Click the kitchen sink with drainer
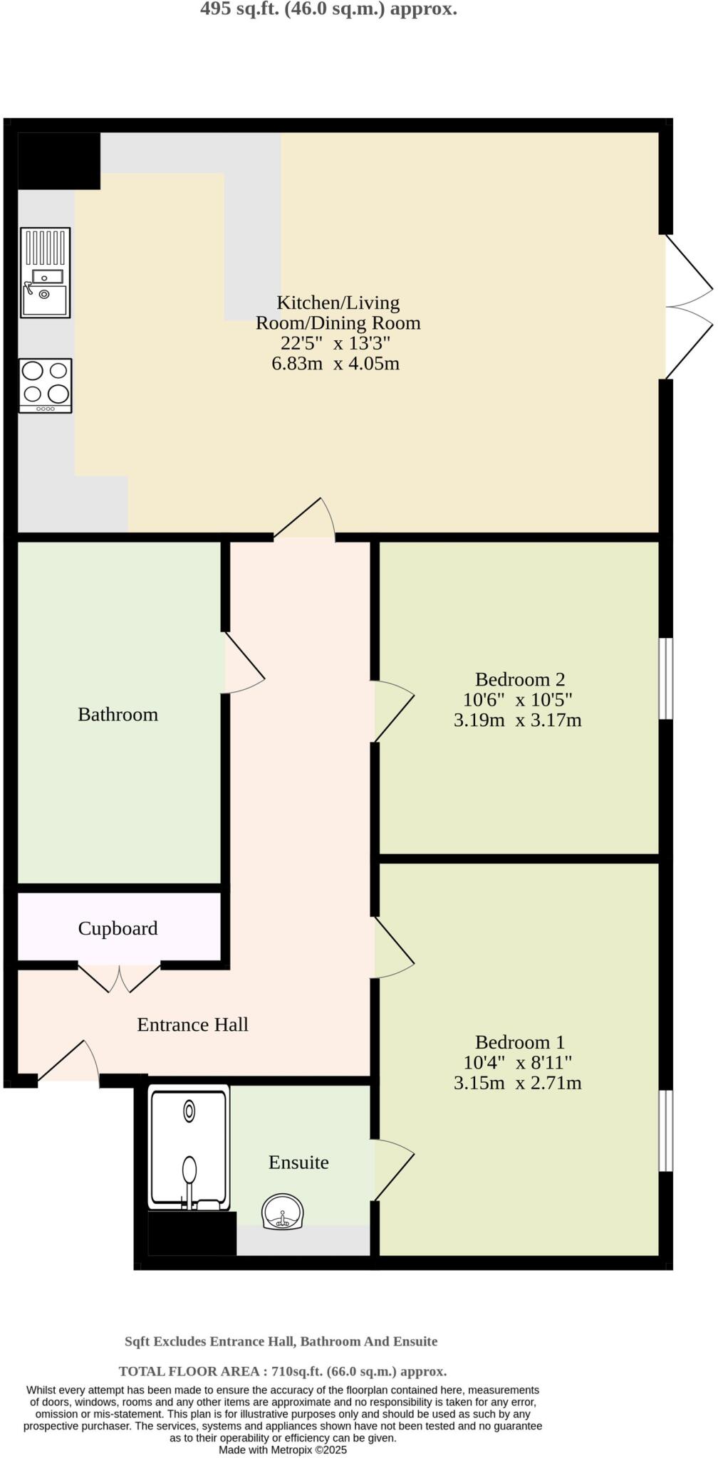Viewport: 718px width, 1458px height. [45, 273]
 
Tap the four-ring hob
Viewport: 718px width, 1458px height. [45, 385]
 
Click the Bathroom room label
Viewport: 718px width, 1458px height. [118, 714]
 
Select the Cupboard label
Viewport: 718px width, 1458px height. [118, 928]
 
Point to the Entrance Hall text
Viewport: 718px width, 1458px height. [192, 1024]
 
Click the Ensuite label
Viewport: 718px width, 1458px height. [298, 1163]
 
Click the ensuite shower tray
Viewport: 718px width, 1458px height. [189, 1147]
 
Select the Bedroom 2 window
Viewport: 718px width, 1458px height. [665, 678]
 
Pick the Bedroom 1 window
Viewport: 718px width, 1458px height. [665, 1131]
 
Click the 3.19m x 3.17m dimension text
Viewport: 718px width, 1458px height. [517, 720]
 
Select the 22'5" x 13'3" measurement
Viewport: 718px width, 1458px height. [335, 343]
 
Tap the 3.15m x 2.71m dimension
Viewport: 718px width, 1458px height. [517, 1083]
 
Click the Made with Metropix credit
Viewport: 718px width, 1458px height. [282, 1449]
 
